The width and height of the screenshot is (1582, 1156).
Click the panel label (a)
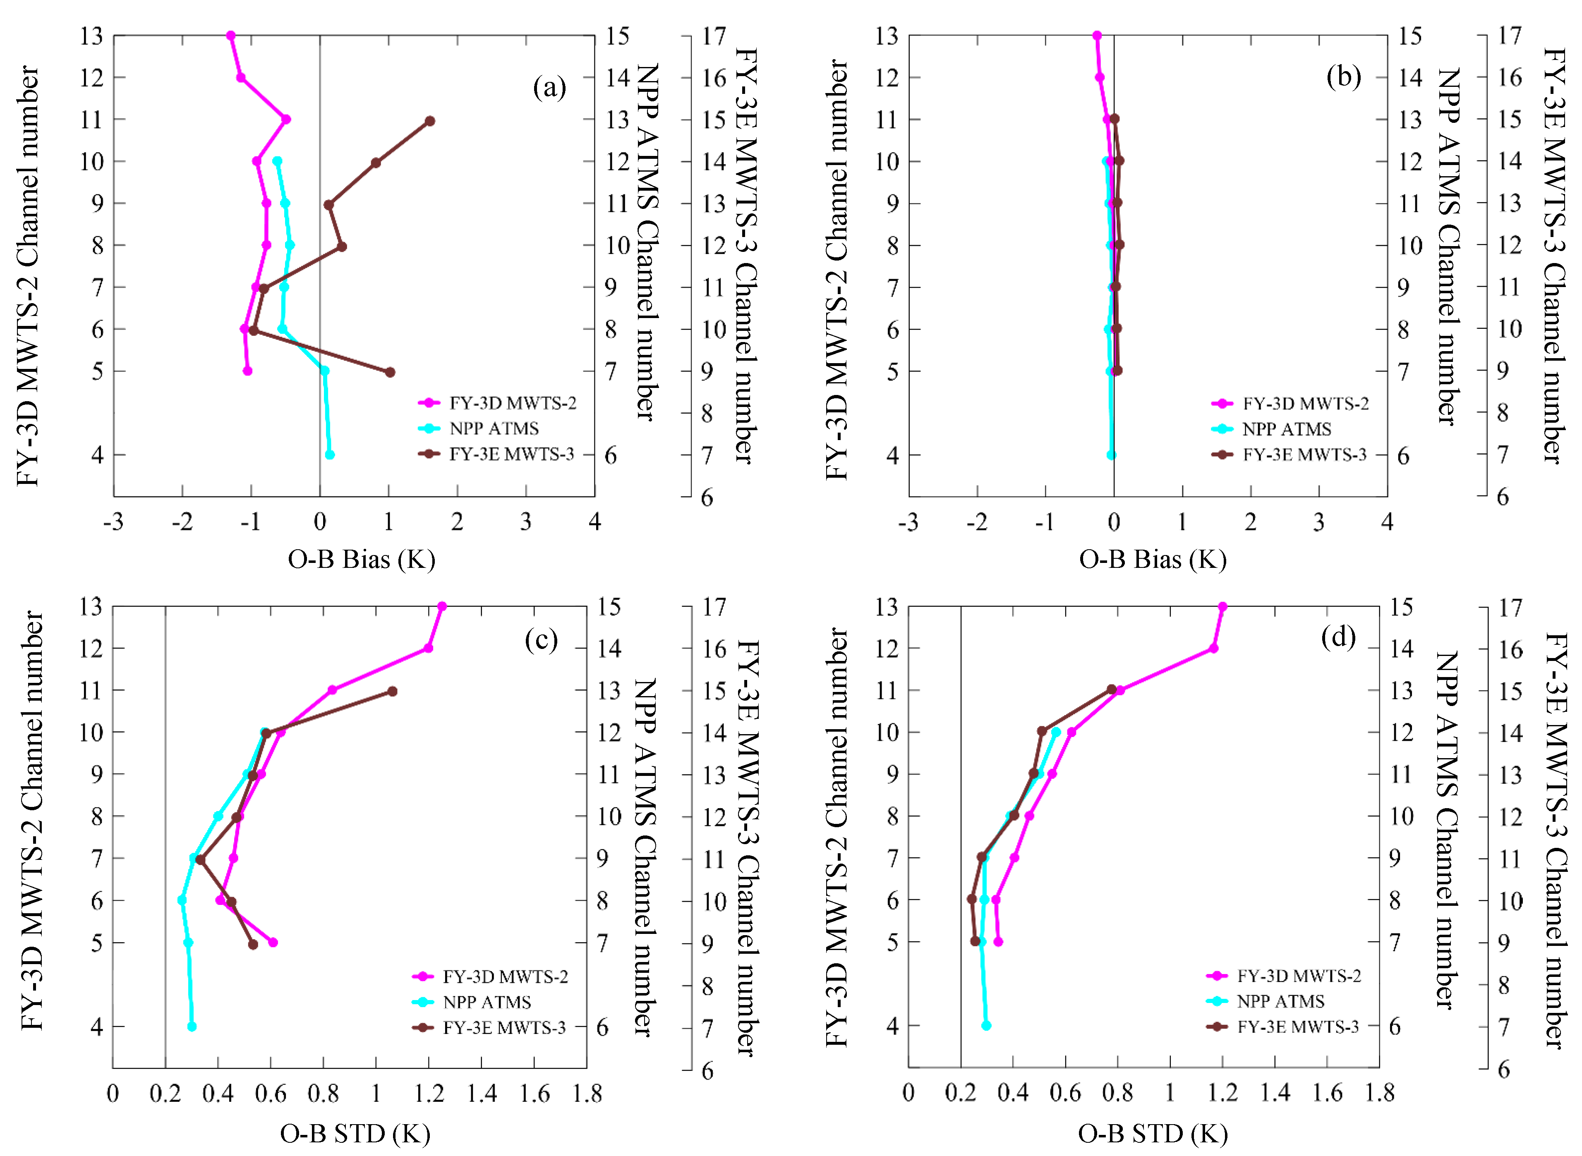click(549, 88)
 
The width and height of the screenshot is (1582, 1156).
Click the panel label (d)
click(1338, 637)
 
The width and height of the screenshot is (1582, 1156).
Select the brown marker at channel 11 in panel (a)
click(430, 121)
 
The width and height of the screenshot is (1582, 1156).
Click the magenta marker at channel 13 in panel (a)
click(231, 36)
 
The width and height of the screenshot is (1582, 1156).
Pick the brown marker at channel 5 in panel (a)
click(390, 372)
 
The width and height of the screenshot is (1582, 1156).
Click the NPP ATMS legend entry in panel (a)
click(494, 428)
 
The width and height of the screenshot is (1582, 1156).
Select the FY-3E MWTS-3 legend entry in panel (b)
click(1304, 455)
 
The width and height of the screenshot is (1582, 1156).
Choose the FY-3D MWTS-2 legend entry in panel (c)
click(505, 976)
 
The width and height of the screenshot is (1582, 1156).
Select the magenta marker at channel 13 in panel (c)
click(442, 606)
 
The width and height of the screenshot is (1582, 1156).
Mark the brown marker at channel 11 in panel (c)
click(392, 692)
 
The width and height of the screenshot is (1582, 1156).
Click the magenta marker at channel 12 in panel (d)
click(1214, 649)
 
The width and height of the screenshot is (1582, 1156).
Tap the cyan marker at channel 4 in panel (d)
click(986, 1026)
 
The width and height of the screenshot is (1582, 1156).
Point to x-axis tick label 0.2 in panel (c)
click(165, 1094)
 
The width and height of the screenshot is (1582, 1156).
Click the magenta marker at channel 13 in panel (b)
click(1097, 36)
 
